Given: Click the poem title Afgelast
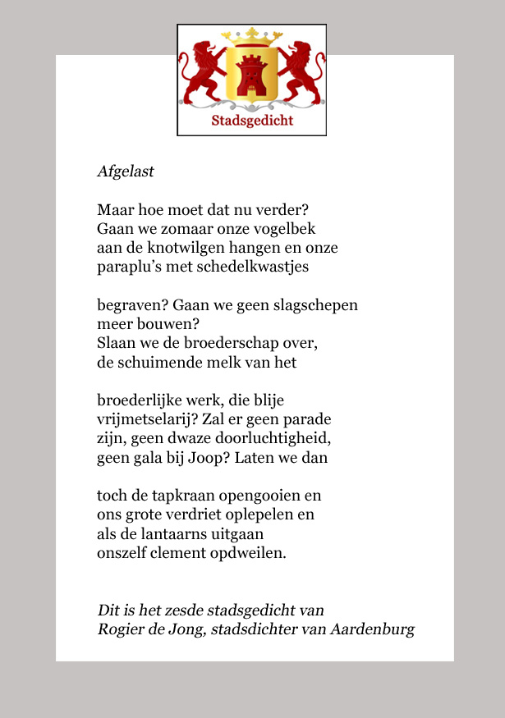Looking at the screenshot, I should pyautogui.click(x=126, y=172).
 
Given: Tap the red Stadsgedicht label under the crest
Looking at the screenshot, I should pyautogui.click(x=252, y=121).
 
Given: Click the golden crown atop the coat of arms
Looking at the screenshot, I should pyautogui.click(x=252, y=36).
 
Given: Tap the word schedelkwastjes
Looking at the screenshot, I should pyautogui.click(x=254, y=267).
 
